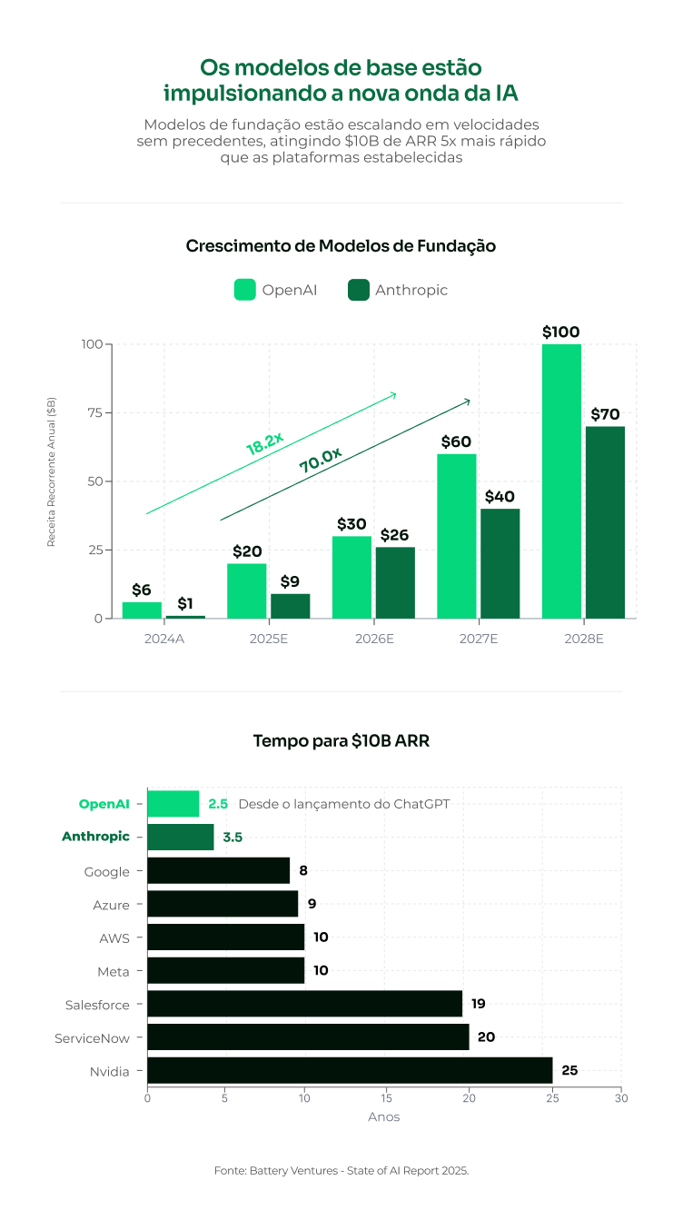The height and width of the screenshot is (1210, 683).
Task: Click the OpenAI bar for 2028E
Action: click(x=561, y=481)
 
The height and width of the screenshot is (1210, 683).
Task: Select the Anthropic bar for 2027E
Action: click(x=500, y=563)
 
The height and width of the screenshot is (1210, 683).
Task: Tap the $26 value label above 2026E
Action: click(x=395, y=535)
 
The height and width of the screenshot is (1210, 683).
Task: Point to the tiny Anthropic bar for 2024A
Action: click(x=185, y=617)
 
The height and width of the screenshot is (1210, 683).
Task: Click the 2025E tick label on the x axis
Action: click(x=268, y=639)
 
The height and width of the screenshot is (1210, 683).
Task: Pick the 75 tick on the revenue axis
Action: click(x=95, y=412)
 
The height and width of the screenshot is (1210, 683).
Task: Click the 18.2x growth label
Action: click(x=264, y=443)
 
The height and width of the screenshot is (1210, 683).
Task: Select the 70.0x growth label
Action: click(x=320, y=460)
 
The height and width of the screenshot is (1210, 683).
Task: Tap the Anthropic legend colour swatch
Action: click(x=359, y=290)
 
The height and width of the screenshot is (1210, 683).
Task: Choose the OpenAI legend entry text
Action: click(x=290, y=290)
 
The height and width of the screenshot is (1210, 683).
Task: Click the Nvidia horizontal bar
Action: click(x=350, y=1070)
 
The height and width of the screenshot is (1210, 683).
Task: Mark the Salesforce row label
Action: click(x=97, y=1005)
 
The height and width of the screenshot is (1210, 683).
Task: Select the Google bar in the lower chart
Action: click(x=218, y=870)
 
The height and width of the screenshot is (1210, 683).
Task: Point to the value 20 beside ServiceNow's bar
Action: click(x=486, y=1036)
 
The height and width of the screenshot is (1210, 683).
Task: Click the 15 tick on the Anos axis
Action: click(x=387, y=1098)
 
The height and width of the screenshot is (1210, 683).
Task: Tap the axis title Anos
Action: click(x=383, y=1116)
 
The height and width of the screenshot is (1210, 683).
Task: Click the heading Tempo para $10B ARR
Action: click(x=341, y=741)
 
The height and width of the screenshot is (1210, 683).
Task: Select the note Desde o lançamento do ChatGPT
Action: click(x=343, y=804)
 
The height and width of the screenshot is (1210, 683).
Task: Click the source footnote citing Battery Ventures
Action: click(x=341, y=1171)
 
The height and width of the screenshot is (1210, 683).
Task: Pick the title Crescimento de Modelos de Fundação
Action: click(x=341, y=246)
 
